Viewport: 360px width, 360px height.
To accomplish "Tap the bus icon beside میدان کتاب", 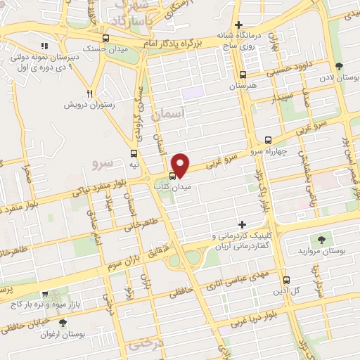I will tap(173, 176).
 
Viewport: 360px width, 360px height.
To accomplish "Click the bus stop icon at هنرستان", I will tap(243, 75).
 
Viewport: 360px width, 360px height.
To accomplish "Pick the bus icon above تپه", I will tap(134, 153).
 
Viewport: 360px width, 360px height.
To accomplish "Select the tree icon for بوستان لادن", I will tap(340, 67).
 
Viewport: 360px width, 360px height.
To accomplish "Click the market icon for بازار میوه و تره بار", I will tap(45, 297).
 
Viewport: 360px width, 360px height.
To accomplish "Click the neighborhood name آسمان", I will tap(172, 112).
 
